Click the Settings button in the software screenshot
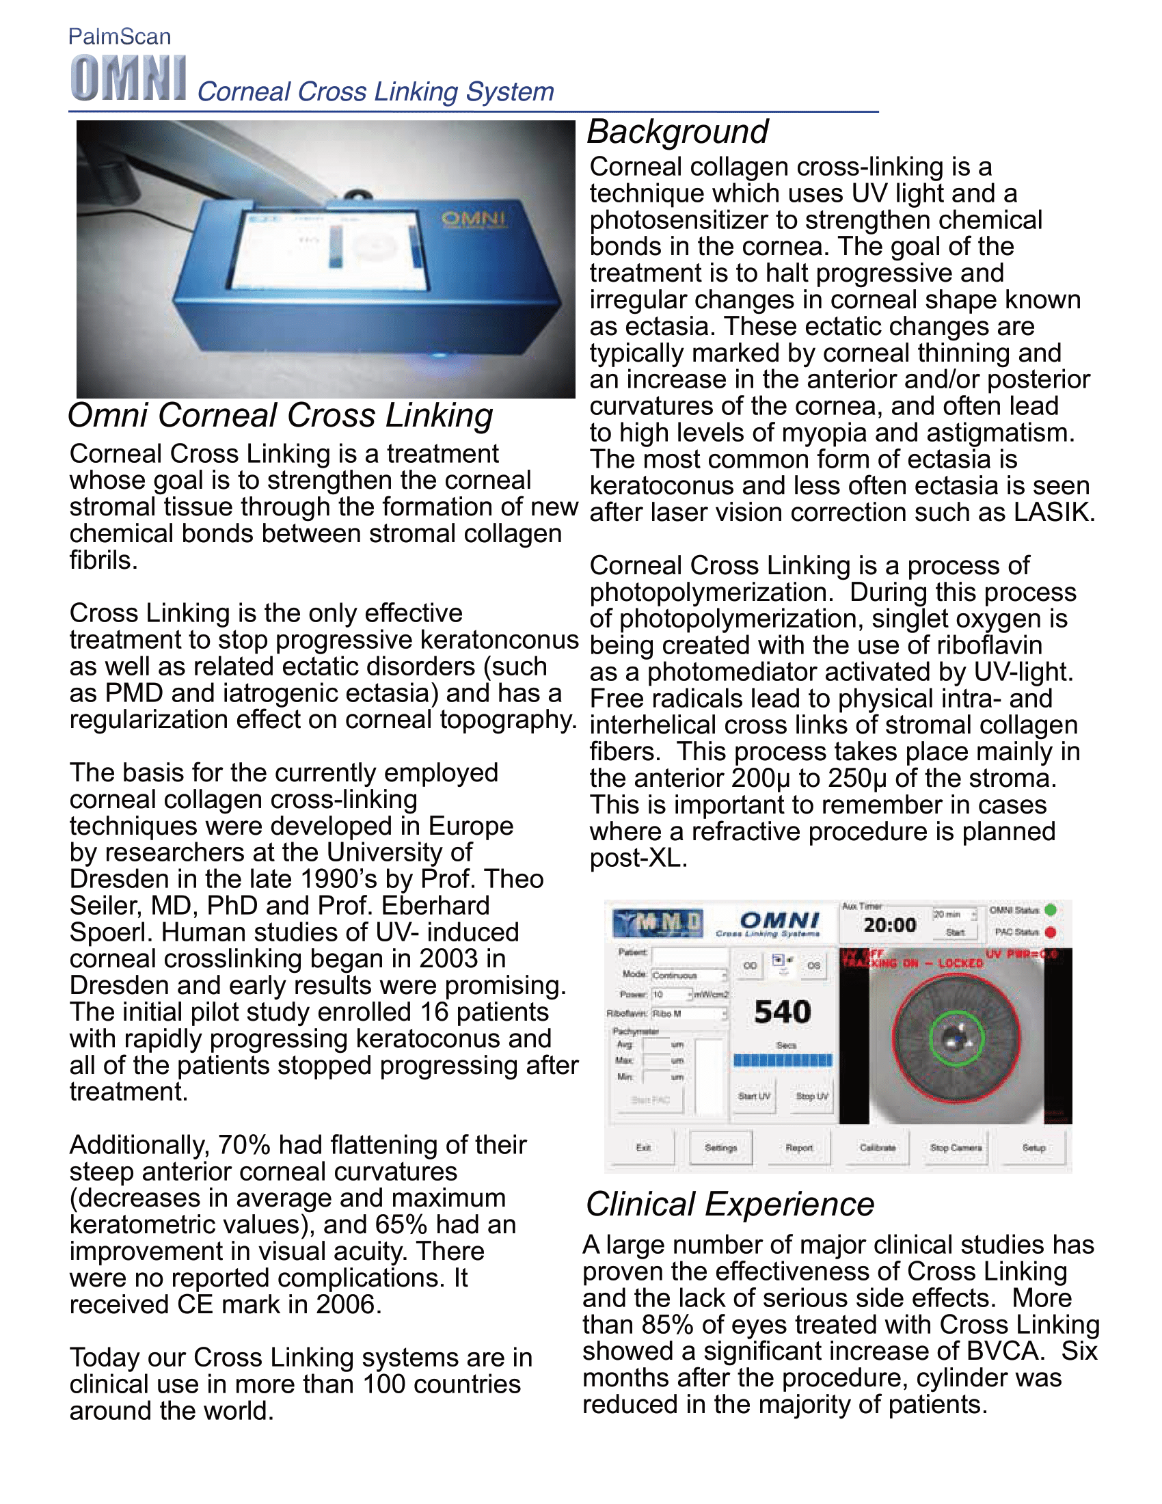click(720, 1147)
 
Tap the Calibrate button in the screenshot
click(878, 1147)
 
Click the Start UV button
click(754, 1096)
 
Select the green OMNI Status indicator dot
click(1051, 910)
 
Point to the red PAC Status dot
click(1051, 932)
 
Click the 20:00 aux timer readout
click(889, 925)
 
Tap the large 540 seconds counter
click(782, 1012)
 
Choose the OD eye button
click(750, 965)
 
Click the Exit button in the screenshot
click(643, 1147)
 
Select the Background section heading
click(677, 131)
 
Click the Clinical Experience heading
click(730, 1205)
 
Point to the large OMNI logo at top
click(128, 79)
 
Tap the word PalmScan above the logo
click(120, 36)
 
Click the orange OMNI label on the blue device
click(474, 219)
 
